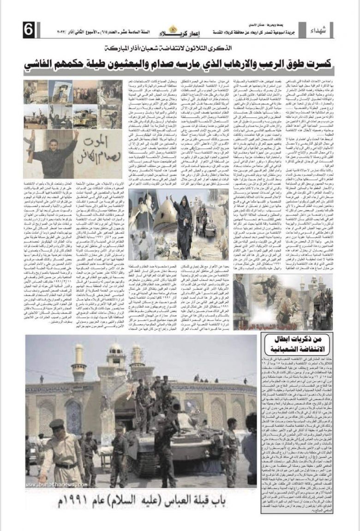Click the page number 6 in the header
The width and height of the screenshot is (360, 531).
28,31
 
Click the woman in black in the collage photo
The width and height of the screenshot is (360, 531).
182,226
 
